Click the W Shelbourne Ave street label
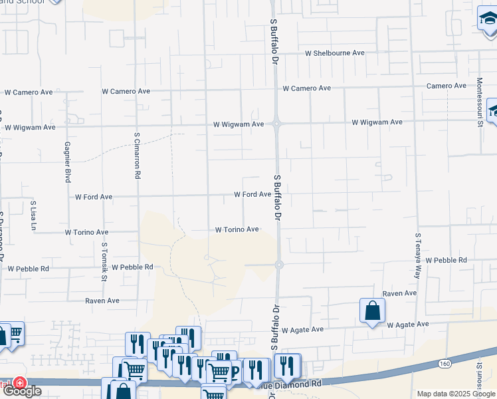[335, 53]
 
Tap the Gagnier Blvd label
[68, 162]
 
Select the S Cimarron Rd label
[138, 156]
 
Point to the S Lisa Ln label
[34, 215]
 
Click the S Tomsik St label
[104, 261]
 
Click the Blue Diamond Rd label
[295, 384]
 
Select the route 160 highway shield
[445, 364]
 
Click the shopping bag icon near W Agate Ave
[372, 310]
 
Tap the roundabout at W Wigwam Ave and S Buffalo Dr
[277, 123]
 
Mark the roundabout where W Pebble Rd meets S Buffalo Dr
[279, 265]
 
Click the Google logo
[22, 390]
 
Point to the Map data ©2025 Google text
[455, 394]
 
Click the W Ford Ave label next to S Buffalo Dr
[252, 195]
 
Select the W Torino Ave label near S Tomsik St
[86, 233]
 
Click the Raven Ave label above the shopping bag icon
[399, 293]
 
